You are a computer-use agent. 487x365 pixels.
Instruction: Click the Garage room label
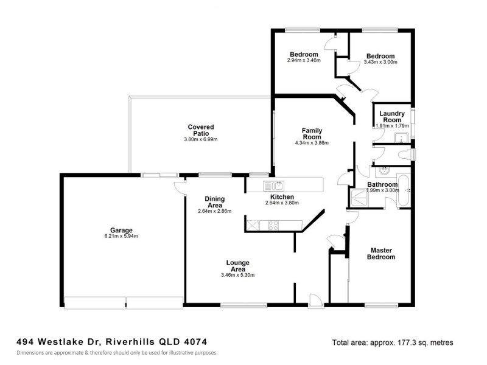tap(122, 230)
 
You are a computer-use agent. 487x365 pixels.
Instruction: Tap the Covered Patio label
tap(201, 130)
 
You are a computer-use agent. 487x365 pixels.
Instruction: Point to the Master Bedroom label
tap(382, 254)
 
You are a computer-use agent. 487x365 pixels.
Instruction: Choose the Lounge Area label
tap(237, 266)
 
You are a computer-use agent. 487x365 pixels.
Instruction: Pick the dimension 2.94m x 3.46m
tap(304, 61)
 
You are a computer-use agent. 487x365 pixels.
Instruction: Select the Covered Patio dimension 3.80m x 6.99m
tap(201, 139)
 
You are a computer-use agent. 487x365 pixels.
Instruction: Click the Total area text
tap(393, 343)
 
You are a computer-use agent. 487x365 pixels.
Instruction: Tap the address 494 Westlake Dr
tap(58, 342)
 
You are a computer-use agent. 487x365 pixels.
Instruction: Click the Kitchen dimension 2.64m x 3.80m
tap(282, 203)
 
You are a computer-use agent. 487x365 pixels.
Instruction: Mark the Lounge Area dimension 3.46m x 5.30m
tap(237, 275)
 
